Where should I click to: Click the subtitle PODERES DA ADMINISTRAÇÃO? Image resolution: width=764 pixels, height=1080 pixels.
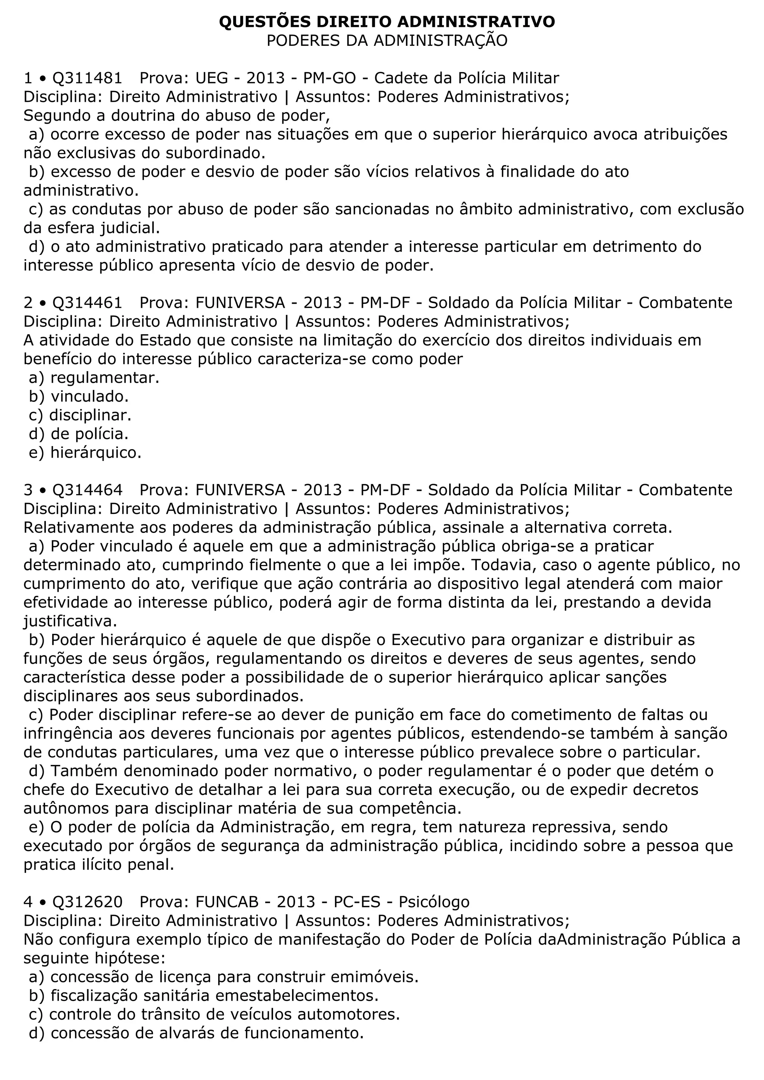(x=387, y=41)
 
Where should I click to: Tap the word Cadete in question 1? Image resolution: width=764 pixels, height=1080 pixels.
(x=401, y=78)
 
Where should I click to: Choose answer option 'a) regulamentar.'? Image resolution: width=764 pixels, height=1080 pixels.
(x=94, y=378)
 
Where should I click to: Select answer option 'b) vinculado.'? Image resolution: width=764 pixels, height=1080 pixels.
(x=79, y=397)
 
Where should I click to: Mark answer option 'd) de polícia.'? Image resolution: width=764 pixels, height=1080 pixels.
(x=79, y=434)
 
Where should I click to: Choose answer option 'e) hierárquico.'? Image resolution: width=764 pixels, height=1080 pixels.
(x=85, y=452)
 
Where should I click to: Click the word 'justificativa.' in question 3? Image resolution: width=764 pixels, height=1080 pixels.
(x=70, y=621)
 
